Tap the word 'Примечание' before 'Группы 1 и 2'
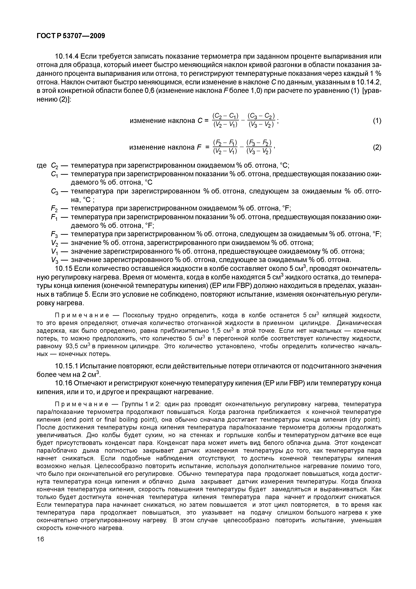[82, 404]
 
